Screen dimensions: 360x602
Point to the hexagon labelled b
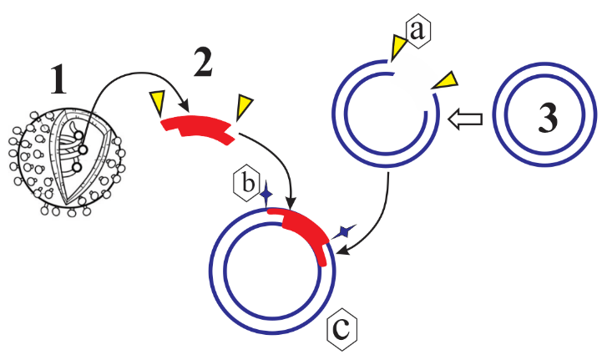[246, 183]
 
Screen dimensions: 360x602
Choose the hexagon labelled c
[341, 330]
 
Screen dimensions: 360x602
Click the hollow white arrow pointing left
[465, 119]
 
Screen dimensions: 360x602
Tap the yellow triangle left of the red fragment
[157, 104]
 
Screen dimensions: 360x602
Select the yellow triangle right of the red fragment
[245, 106]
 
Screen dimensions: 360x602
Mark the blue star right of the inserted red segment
[343, 231]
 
